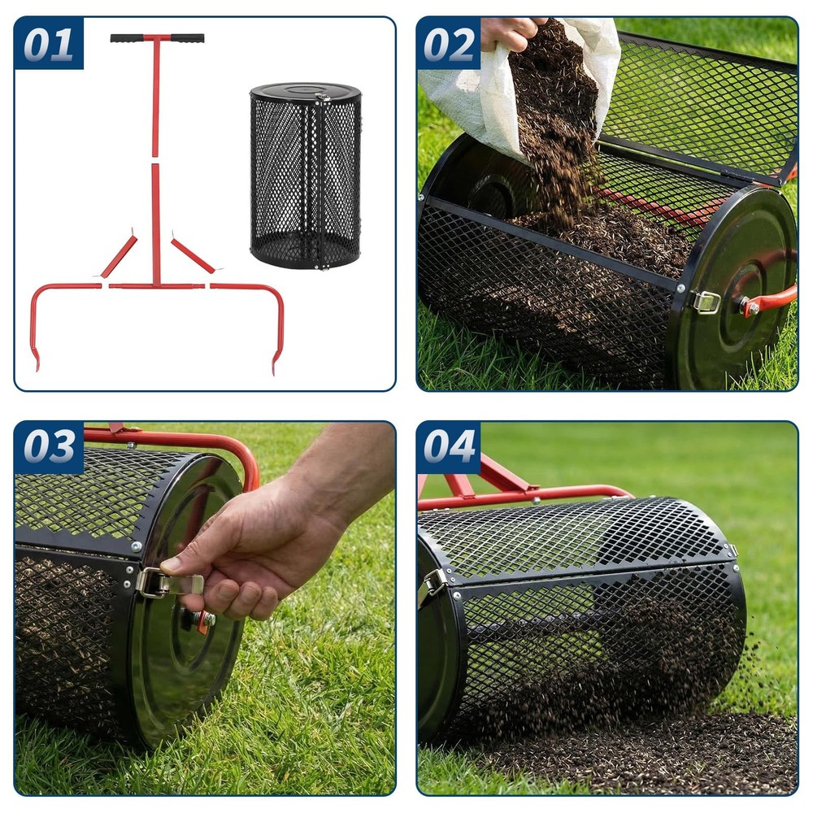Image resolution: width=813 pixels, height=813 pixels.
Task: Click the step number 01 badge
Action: [x=49, y=44]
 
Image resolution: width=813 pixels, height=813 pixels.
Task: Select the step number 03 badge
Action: [x=49, y=447]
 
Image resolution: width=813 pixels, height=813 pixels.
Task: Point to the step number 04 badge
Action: [x=449, y=447]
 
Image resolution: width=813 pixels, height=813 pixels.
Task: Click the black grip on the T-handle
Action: [x=157, y=38]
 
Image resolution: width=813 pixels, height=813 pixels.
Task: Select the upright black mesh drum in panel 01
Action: [x=305, y=175]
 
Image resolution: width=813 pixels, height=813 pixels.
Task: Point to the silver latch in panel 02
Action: [x=706, y=302]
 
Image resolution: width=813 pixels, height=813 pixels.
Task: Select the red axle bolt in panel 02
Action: [x=746, y=307]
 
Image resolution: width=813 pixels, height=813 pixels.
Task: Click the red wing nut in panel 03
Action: [x=203, y=620]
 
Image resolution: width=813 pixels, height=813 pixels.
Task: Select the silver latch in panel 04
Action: [x=434, y=582]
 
